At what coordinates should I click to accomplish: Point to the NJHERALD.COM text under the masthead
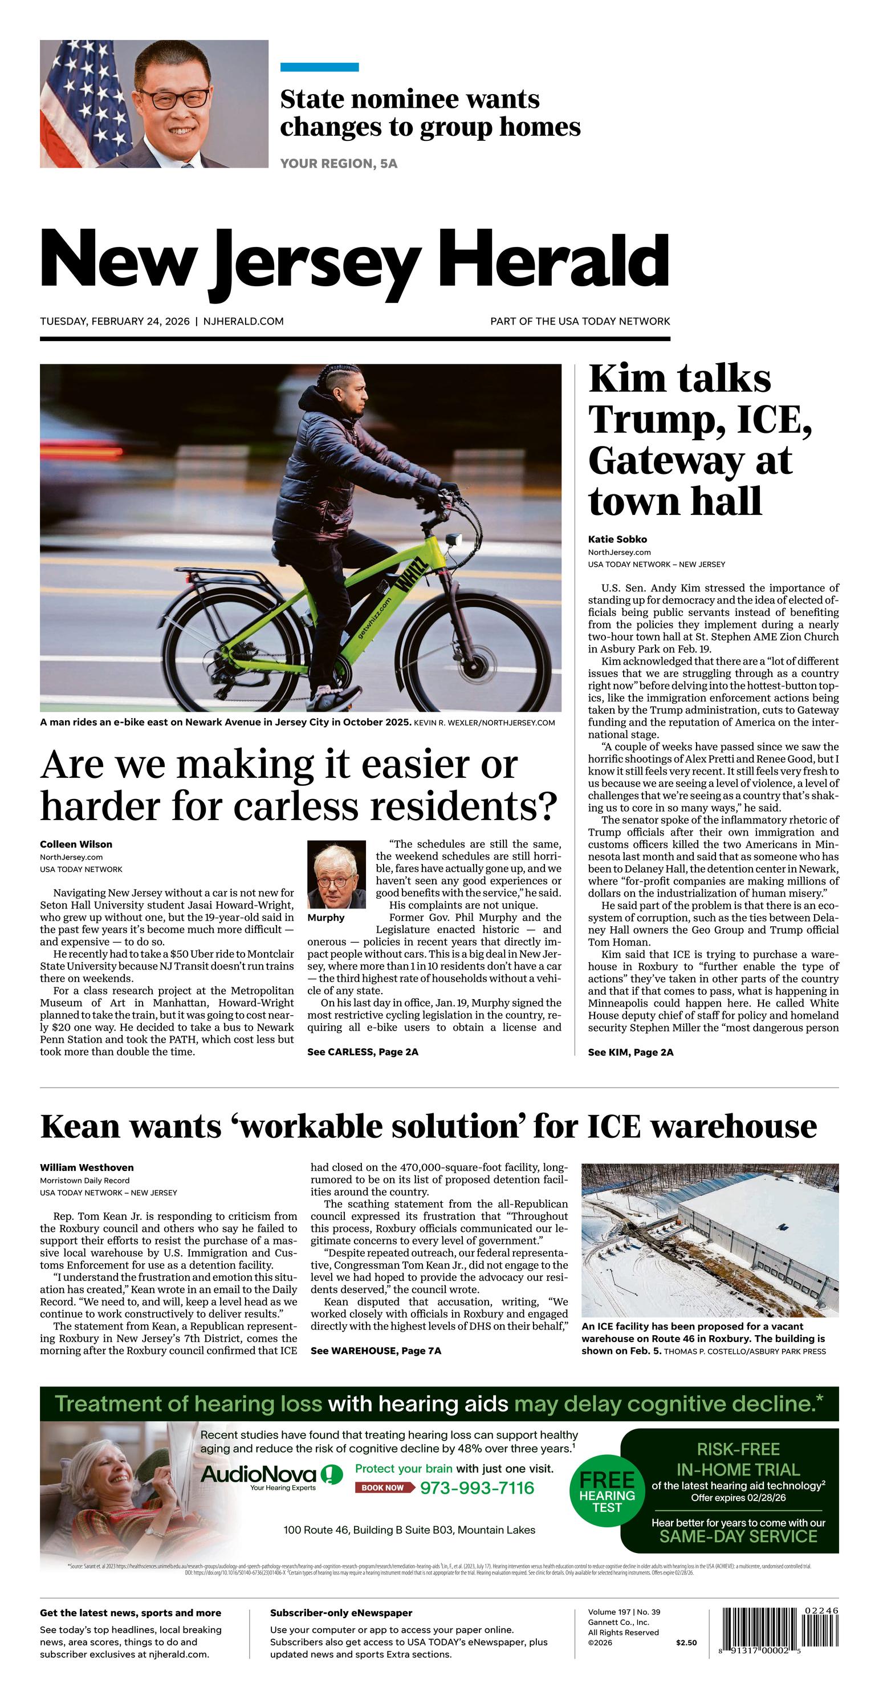pos(243,321)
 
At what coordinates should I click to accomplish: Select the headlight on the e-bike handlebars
pos(453,540)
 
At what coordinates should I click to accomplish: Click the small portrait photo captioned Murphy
pos(336,874)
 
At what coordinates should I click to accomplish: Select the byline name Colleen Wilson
pos(76,844)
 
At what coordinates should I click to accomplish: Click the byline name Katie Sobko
pos(617,539)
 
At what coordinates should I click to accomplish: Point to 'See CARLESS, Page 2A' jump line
pos(363,1052)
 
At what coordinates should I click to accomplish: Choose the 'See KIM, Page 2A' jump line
pos(630,1052)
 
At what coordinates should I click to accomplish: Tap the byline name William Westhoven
pos(87,1167)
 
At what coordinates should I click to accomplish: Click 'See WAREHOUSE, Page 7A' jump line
pos(376,1351)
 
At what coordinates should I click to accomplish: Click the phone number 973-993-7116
pos(477,1488)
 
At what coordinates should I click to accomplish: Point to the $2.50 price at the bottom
pos(686,1643)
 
